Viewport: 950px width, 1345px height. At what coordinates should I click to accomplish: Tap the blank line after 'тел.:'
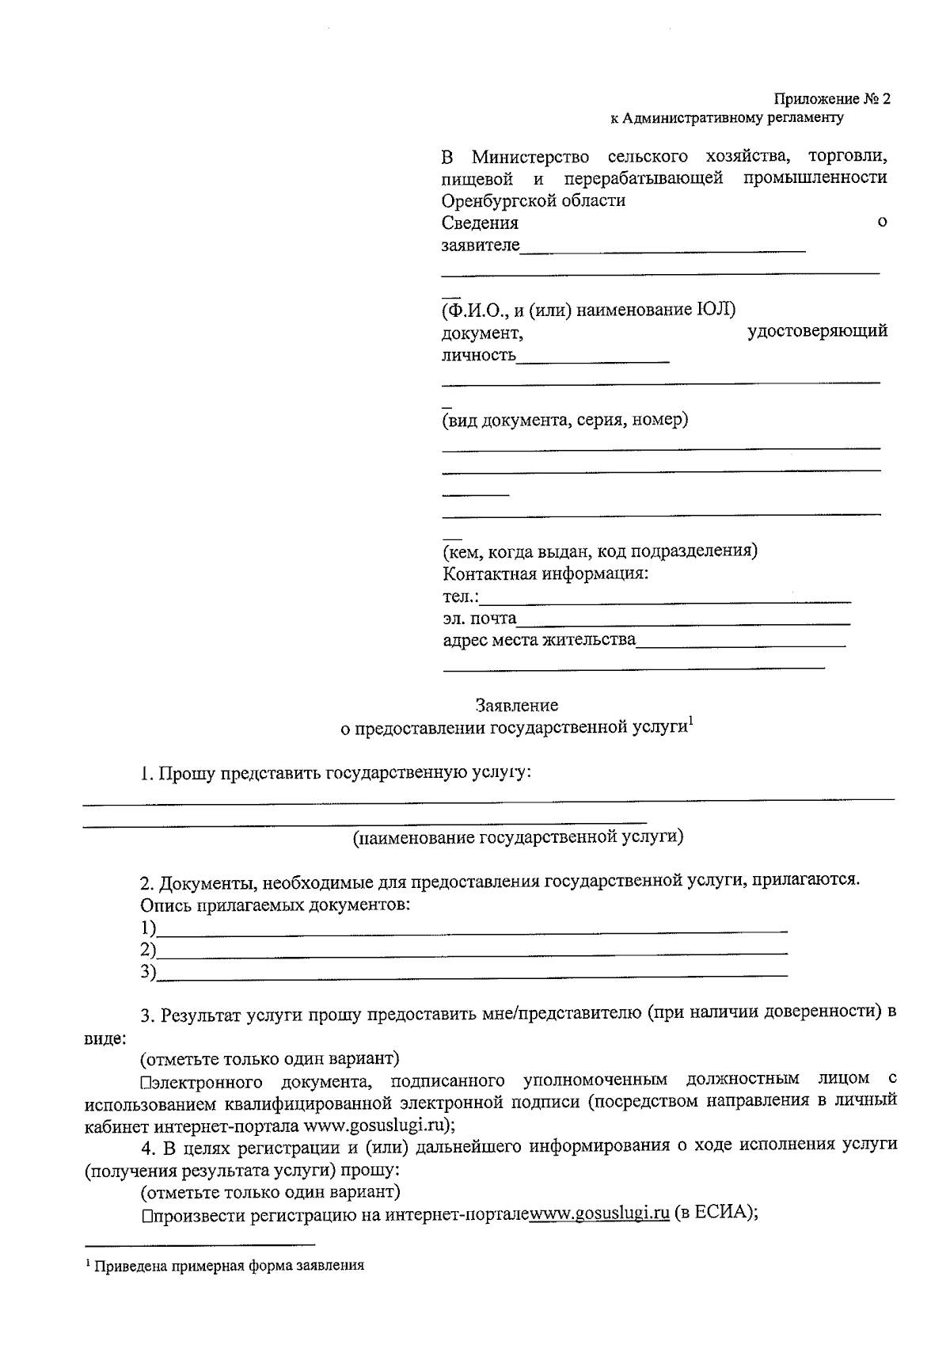click(x=669, y=599)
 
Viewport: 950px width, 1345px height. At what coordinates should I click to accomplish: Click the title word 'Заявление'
click(x=516, y=704)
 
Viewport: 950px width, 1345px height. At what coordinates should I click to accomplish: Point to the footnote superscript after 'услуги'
click(x=691, y=721)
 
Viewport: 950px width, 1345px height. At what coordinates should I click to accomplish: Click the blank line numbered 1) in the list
click(x=472, y=929)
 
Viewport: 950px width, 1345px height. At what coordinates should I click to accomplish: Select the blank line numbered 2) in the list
click(x=472, y=951)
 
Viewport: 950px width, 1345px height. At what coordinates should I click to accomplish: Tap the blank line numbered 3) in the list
click(x=472, y=974)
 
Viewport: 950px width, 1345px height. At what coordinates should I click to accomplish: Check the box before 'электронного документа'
click(x=146, y=1081)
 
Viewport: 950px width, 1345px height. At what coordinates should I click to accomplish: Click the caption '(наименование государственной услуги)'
click(x=518, y=836)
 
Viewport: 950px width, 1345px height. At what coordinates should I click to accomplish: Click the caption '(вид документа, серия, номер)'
click(x=564, y=420)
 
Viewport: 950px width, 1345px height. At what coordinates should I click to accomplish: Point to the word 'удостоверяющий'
click(x=817, y=331)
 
